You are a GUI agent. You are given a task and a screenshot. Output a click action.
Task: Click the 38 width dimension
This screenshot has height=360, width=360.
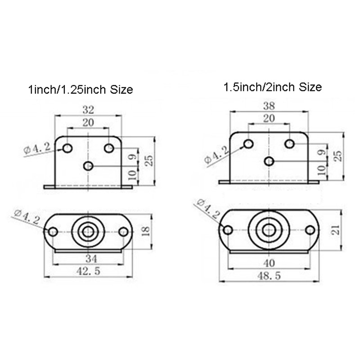(269, 106)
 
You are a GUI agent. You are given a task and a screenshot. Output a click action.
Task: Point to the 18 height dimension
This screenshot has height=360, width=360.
(145, 232)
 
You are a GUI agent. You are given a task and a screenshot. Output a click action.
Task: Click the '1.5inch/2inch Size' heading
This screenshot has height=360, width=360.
(273, 87)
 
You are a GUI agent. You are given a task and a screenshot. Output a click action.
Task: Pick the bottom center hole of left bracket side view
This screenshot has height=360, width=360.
(89, 166)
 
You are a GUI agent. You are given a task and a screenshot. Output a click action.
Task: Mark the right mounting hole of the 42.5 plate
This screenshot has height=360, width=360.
(124, 232)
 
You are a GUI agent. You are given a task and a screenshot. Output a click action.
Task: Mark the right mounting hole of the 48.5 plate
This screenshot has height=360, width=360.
(310, 230)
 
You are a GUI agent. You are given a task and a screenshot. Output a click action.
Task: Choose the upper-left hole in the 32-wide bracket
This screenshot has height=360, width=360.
(68, 148)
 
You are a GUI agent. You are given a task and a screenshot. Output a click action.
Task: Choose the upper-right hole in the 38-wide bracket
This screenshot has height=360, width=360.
(290, 144)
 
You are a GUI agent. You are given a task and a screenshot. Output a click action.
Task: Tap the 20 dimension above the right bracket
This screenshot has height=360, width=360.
(269, 119)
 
